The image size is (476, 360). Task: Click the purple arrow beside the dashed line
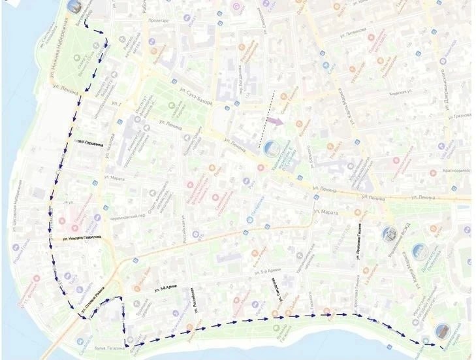click(275, 121)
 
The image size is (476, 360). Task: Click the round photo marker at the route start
click(74, 7)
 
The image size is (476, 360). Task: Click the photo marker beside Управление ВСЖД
click(390, 233)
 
